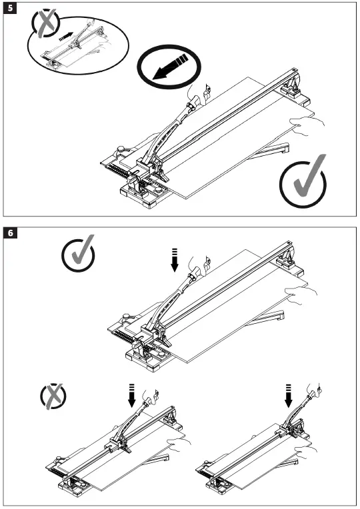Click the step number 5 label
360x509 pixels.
[x=10, y=11]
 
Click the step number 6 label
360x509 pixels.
[x=10, y=234]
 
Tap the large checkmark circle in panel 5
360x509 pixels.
[x=303, y=181]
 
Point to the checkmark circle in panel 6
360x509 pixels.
[x=78, y=254]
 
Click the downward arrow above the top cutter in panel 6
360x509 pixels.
[x=175, y=259]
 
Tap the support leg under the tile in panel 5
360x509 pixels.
[x=275, y=149]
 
